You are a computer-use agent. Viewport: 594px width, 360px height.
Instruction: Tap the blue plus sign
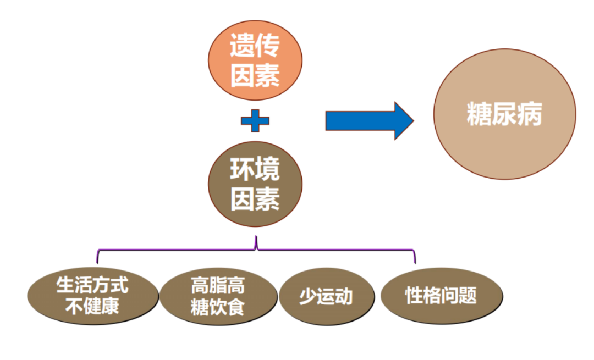coord(255,121)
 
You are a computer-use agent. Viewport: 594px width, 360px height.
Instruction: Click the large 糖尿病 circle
coord(504,115)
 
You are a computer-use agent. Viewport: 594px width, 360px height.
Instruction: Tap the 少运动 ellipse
coord(326,297)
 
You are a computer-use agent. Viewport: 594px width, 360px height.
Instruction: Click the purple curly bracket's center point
coord(256,245)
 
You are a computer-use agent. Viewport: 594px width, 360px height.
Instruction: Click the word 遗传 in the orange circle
coord(255,46)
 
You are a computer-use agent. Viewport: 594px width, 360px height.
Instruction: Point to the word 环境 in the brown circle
coord(255,170)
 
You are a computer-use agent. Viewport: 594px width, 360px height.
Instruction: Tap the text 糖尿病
coord(504,116)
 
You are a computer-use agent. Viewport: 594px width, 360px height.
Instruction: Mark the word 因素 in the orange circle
coord(255,76)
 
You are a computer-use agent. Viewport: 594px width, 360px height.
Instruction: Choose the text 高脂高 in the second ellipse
coord(218,286)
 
